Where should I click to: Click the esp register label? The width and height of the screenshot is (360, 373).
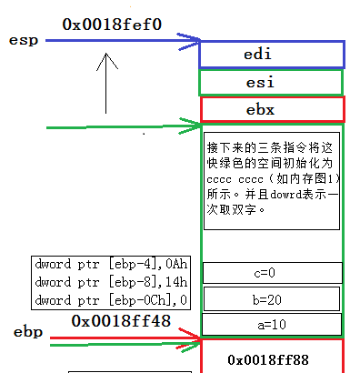pyautogui.click(x=22, y=41)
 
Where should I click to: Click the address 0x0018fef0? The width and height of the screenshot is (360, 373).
pyautogui.click(x=112, y=24)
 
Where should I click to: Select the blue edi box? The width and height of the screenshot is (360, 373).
pyautogui.click(x=270, y=55)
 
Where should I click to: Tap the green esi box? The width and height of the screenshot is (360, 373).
pyautogui.click(x=270, y=82)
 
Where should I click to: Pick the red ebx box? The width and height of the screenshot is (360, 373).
pyautogui.click(x=270, y=109)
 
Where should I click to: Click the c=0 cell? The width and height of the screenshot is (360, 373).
pyautogui.click(x=273, y=272)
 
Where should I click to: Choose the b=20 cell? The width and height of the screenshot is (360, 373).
pyautogui.click(x=273, y=298)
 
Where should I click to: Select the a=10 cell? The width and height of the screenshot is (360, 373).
pyautogui.click(x=273, y=324)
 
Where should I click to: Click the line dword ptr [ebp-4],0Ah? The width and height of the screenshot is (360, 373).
pyautogui.click(x=109, y=267)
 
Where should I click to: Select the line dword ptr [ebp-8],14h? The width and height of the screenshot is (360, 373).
pyautogui.click(x=109, y=283)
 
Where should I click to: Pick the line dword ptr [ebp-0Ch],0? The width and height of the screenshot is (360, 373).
pyautogui.click(x=111, y=299)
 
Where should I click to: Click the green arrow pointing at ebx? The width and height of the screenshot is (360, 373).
pyautogui.click(x=127, y=126)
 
